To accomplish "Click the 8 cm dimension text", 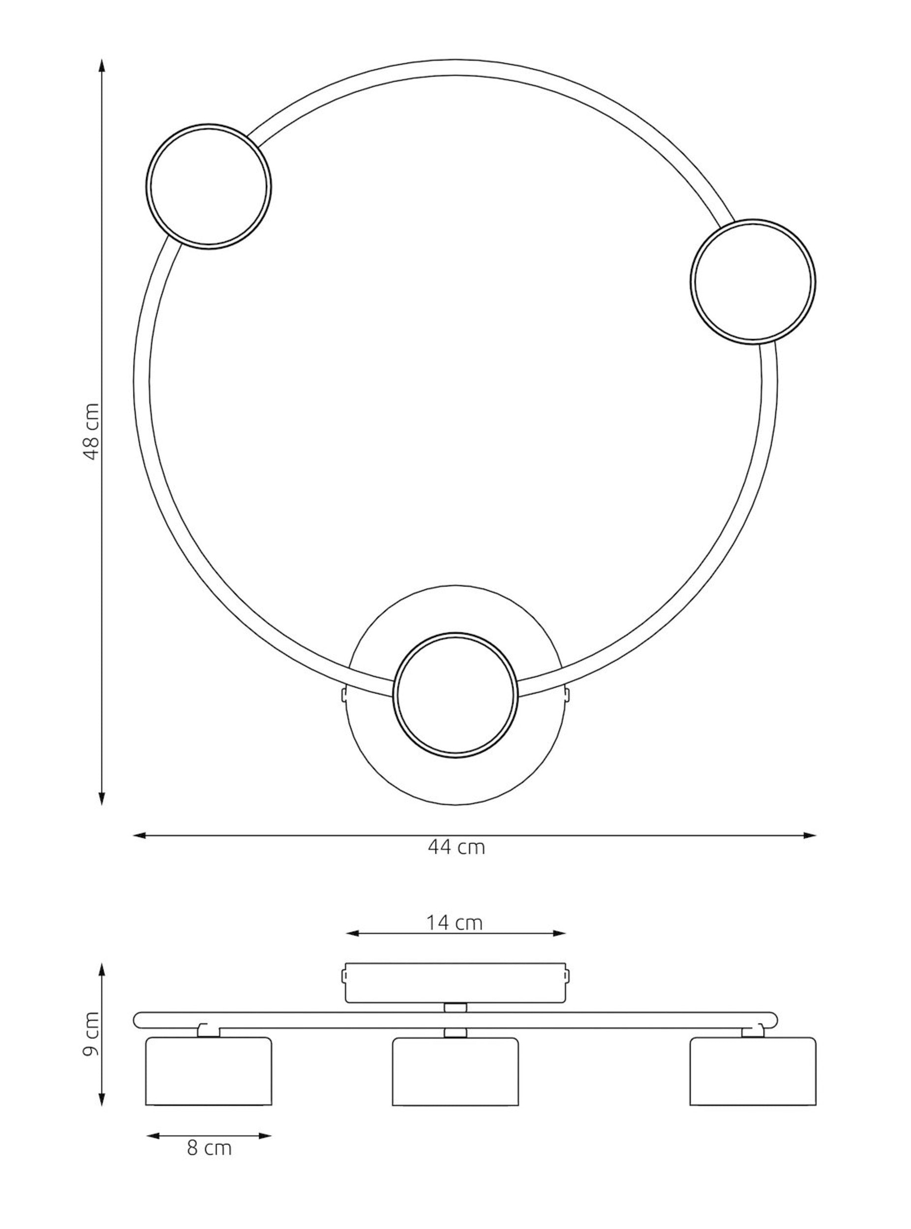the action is point(209,1148).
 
